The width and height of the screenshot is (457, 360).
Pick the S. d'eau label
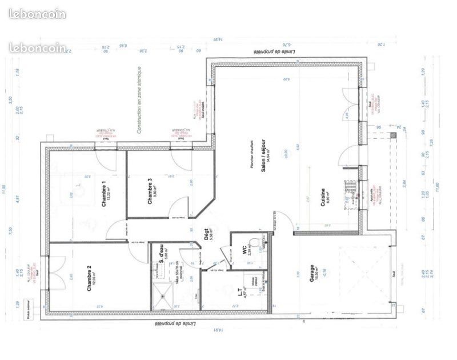(162, 254)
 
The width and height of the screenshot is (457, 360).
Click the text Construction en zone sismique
(138, 100)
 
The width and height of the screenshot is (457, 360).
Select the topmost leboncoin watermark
(38, 14)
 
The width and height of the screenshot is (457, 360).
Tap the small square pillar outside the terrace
(392, 135)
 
